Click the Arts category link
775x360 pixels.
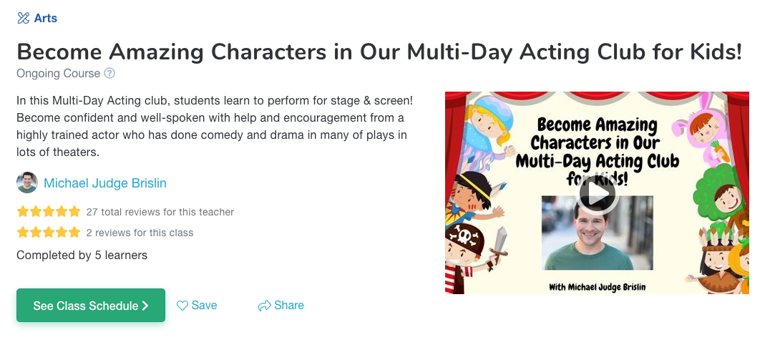tap(46, 19)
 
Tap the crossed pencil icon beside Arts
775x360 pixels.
tap(23, 19)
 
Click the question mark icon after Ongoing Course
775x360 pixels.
tap(109, 74)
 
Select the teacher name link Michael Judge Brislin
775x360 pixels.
tap(104, 183)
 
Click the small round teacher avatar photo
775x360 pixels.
tap(26, 183)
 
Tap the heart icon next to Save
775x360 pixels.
tap(182, 306)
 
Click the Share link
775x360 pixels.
tap(289, 305)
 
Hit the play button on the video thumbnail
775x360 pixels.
tap(597, 195)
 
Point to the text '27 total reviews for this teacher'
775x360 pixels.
tap(160, 212)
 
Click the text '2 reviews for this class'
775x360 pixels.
tap(140, 233)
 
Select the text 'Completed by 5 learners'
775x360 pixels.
tap(82, 256)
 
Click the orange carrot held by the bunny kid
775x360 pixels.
tap(720, 150)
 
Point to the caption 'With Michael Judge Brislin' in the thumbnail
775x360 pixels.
tap(597, 287)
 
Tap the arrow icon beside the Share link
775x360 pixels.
tap(265, 306)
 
